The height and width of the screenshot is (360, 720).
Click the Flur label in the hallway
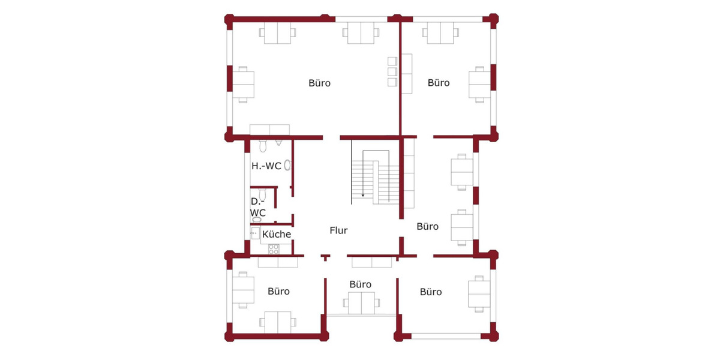pos(338,230)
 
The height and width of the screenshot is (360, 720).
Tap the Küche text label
pos(277,234)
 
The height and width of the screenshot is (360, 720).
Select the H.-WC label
pos(266,166)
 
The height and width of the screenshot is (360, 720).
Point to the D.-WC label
pos(258,206)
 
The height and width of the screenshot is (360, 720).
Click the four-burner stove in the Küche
pos(274,248)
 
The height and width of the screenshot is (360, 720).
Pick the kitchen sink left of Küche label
pos(255,233)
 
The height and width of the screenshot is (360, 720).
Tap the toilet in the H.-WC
pos(263,146)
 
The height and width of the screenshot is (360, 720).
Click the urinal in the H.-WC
pos(279,142)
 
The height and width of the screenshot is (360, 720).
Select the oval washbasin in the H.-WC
pos(287,166)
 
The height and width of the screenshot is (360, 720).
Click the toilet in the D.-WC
pos(262,194)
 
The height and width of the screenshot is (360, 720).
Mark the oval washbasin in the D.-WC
pos(256,220)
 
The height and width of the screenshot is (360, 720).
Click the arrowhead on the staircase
pos(363,194)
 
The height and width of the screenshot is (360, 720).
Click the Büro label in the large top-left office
pos(319,83)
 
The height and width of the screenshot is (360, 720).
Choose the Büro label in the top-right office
pos(439,83)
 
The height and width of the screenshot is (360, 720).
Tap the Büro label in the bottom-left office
pos(278,292)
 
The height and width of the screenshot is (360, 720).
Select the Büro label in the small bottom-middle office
pos(360,284)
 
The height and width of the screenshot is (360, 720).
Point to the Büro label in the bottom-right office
pos(431,292)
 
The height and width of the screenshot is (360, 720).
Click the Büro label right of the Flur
pos(427,227)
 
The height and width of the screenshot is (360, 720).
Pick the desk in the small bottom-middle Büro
pos(361,303)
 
